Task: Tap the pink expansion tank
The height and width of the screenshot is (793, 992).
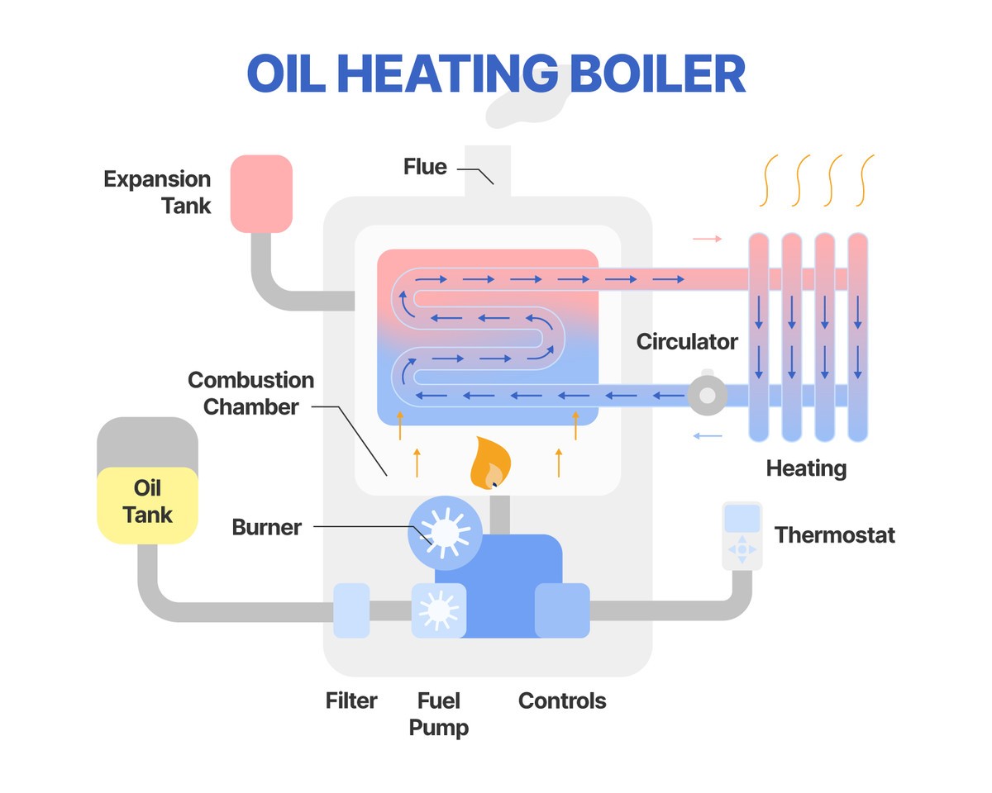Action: (261, 193)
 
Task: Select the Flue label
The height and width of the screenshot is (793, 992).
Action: (425, 167)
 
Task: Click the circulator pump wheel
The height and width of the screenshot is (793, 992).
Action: (707, 397)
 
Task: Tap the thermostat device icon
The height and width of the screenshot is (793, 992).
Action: (742, 535)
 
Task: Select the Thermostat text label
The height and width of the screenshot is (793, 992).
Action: (834, 535)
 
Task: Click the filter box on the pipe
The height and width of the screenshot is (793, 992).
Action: (351, 610)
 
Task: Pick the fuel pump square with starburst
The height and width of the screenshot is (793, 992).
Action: (438, 610)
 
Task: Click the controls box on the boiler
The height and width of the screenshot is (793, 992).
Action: (562, 610)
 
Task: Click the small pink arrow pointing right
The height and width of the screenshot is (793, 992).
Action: (707, 239)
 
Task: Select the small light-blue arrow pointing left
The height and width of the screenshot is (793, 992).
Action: (707, 435)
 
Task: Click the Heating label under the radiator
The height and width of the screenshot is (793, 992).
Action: (806, 469)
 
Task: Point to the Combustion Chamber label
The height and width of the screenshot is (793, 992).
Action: (250, 393)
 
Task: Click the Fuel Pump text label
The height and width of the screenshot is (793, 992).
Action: (438, 715)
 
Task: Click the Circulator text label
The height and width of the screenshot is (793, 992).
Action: (687, 341)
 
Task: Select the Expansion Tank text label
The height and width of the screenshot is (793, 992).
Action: (157, 192)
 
